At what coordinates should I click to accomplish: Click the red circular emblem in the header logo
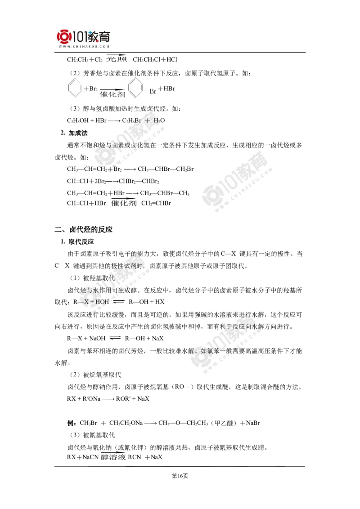(x=63, y=37)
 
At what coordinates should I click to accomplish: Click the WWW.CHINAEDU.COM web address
(x=84, y=46)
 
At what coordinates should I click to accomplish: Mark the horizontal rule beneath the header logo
(x=84, y=53)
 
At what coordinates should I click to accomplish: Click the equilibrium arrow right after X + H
(x=118, y=302)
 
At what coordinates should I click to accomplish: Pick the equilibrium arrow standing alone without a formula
(x=115, y=338)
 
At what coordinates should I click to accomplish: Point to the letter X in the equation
(x=86, y=302)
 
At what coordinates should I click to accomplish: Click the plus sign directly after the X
(x=92, y=302)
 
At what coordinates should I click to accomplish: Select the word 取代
(x=109, y=278)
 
